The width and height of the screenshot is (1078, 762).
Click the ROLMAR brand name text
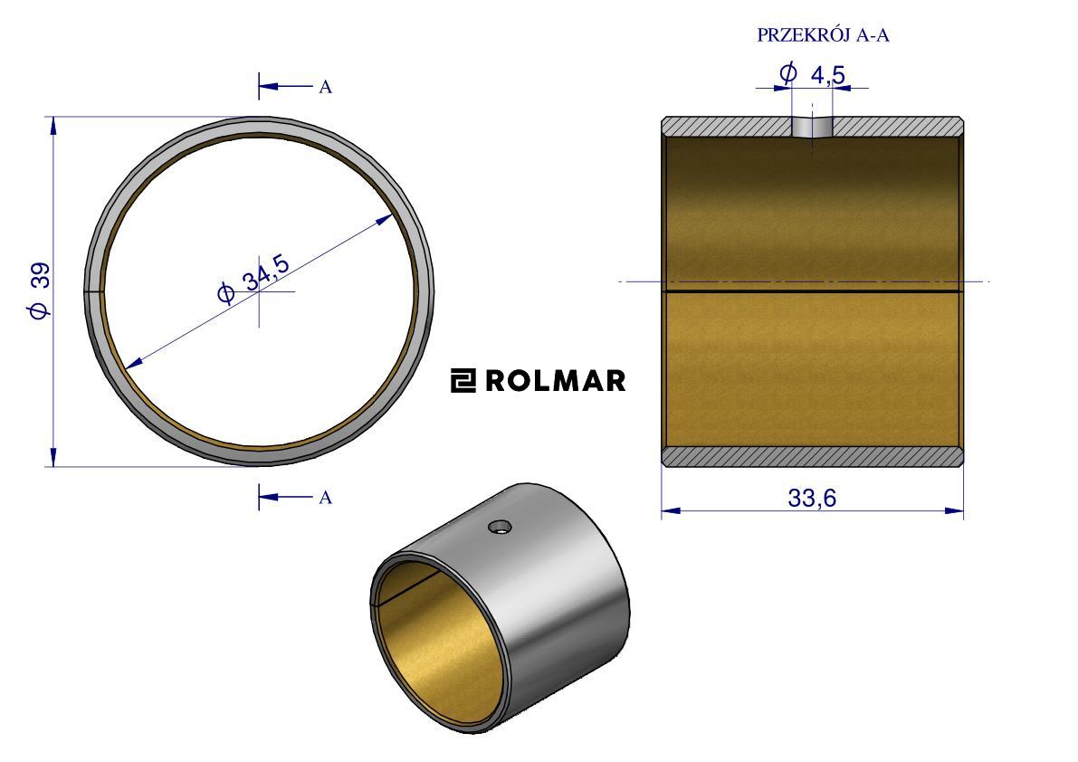click(x=555, y=381)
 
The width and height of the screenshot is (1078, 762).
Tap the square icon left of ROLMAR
click(x=463, y=381)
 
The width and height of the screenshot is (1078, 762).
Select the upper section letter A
click(x=326, y=88)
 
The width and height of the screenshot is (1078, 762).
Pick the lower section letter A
click(x=326, y=497)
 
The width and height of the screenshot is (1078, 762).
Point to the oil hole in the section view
click(x=812, y=127)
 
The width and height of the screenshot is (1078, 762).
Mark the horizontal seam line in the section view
click(x=811, y=291)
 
